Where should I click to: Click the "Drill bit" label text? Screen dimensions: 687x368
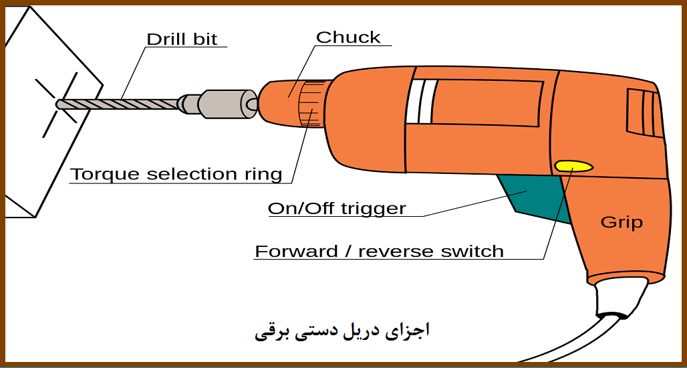pos(182,39)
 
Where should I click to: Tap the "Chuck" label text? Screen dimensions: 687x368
pos(348,37)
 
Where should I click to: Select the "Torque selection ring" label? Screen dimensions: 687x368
pos(176,174)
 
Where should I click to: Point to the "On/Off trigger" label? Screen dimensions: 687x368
pos(337,208)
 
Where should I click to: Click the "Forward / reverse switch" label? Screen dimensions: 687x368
pos(379,252)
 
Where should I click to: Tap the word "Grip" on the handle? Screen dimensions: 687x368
pos(622,222)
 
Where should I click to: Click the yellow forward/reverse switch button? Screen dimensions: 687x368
pos(573,165)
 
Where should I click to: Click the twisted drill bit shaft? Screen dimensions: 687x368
pos(118,104)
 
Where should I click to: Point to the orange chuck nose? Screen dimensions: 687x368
pos(281,102)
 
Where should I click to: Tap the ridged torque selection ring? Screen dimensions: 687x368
pos(313,104)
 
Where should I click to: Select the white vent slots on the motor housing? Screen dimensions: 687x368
pos(421,102)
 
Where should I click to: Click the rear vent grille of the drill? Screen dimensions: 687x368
pos(645,112)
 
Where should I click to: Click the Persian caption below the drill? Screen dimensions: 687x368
pos(341,332)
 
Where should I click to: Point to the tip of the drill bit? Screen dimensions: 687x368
pos(57,104)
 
